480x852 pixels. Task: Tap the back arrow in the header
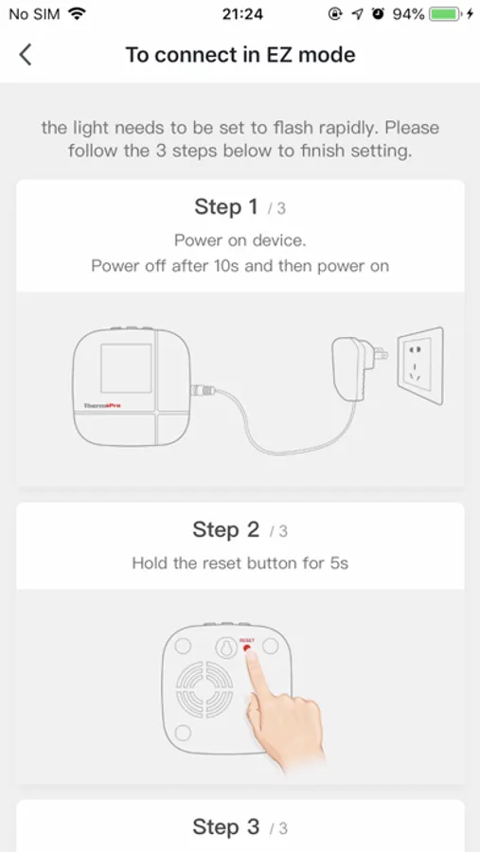tap(25, 55)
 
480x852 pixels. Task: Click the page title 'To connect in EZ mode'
tap(240, 55)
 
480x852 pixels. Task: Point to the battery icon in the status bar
tap(445, 14)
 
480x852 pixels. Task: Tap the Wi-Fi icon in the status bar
tap(78, 13)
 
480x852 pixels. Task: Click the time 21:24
tap(242, 14)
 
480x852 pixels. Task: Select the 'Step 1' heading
tap(226, 207)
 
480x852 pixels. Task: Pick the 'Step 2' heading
tap(226, 530)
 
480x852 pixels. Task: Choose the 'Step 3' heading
tap(226, 826)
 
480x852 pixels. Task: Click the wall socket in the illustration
tap(420, 365)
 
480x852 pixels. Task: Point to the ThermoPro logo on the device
tap(102, 405)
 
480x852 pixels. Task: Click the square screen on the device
tap(126, 368)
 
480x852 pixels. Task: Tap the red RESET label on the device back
tap(246, 640)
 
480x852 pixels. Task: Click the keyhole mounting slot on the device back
tap(224, 646)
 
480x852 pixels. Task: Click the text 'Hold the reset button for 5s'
tap(240, 563)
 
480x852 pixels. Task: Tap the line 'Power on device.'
tap(240, 240)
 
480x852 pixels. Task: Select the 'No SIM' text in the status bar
tap(34, 14)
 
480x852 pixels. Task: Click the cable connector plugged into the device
tap(203, 390)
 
